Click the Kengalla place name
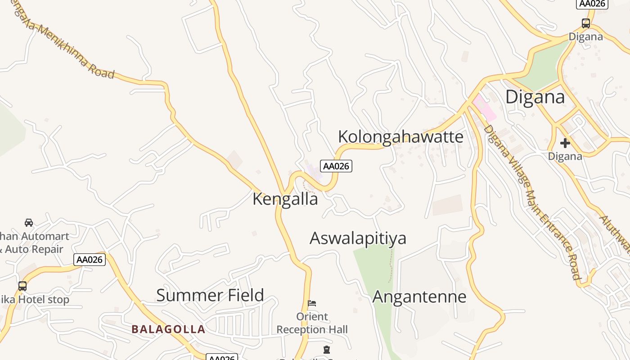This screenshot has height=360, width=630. click(285, 199)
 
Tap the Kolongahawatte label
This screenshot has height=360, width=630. click(400, 137)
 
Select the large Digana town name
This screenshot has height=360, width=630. click(535, 97)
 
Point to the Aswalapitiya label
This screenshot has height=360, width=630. click(358, 238)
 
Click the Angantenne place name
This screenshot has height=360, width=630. click(419, 297)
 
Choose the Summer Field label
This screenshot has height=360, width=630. click(210, 296)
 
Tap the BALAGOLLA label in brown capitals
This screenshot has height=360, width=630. click(168, 329)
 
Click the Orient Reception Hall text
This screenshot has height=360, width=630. click(312, 323)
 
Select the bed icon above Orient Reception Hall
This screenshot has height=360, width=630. click(312, 303)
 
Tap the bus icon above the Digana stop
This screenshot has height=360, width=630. click(585, 23)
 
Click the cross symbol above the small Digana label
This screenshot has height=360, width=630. click(565, 144)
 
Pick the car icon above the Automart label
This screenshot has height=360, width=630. click(29, 222)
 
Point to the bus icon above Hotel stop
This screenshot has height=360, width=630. click(22, 286)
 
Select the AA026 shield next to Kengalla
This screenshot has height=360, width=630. click(336, 166)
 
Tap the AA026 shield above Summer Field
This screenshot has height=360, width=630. click(90, 260)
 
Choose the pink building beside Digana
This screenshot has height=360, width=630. click(484, 108)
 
